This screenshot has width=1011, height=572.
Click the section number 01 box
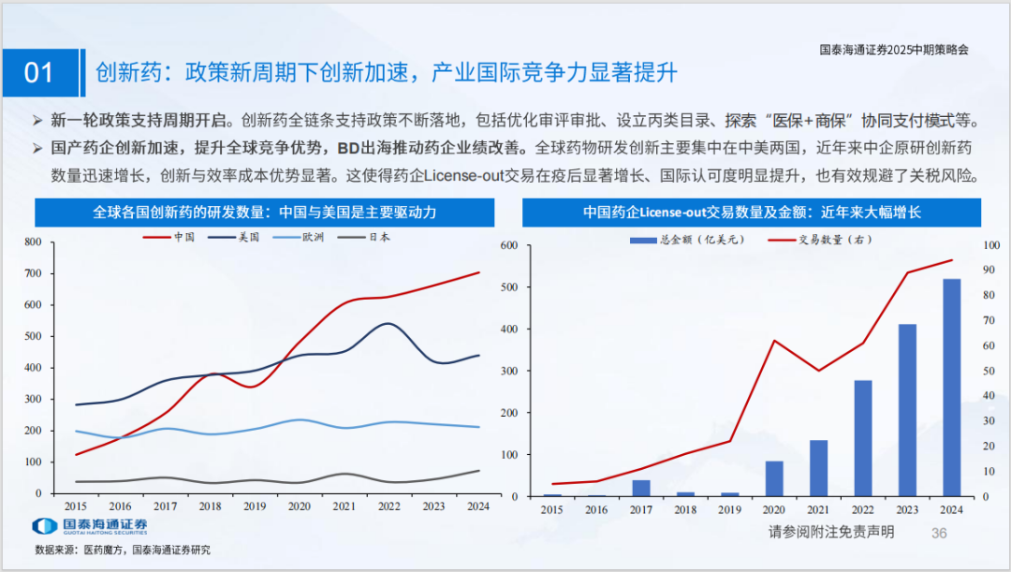(38, 73)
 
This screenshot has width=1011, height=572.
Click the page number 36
(939, 533)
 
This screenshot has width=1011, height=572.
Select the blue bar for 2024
(951, 388)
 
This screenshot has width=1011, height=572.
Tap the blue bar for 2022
(863, 438)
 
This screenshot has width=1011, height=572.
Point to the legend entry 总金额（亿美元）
(688, 240)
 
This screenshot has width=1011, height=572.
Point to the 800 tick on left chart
(33, 242)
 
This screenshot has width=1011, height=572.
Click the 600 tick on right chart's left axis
(509, 245)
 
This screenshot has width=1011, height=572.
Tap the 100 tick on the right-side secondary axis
(990, 245)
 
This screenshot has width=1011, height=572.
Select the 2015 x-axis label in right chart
(552, 509)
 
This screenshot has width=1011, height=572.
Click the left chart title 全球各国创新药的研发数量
(265, 213)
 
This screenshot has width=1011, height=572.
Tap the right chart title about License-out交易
(752, 213)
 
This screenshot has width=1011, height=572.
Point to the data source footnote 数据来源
(123, 550)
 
